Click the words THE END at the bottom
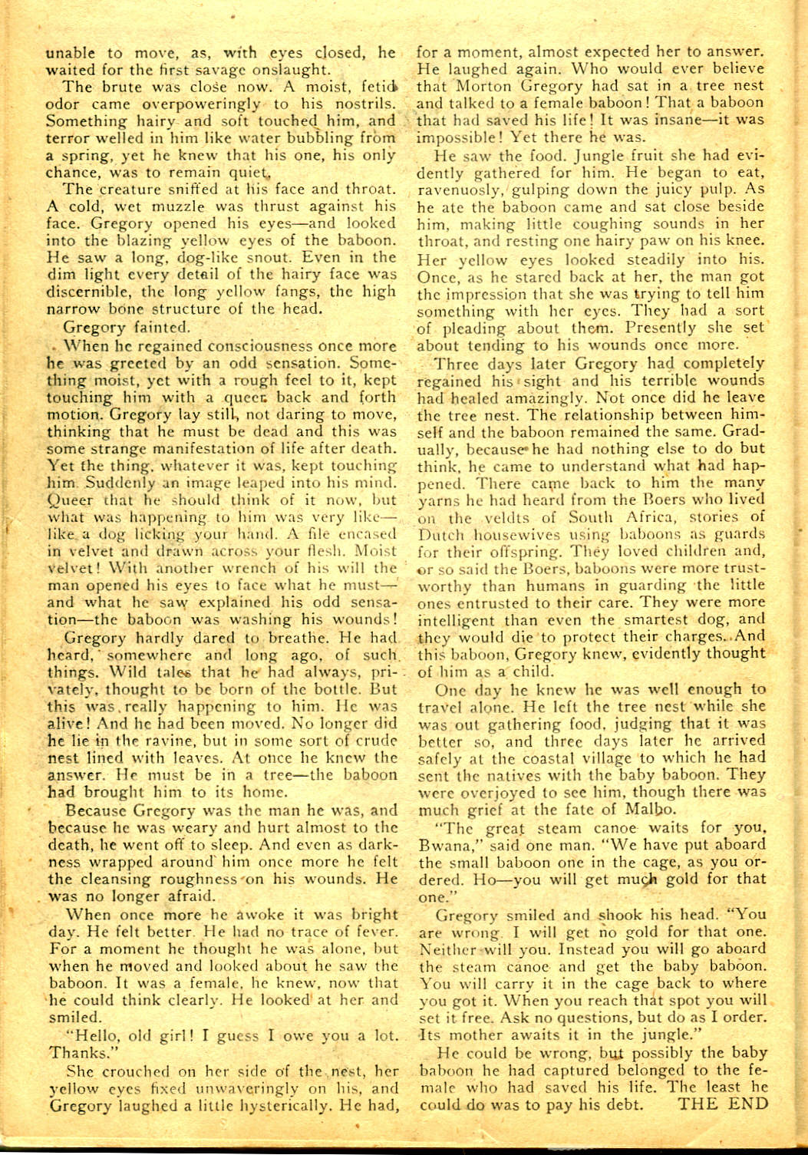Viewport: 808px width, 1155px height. tap(722, 1104)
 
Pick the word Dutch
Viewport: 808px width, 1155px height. tap(440, 534)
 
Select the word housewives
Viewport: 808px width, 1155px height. tap(521, 534)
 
